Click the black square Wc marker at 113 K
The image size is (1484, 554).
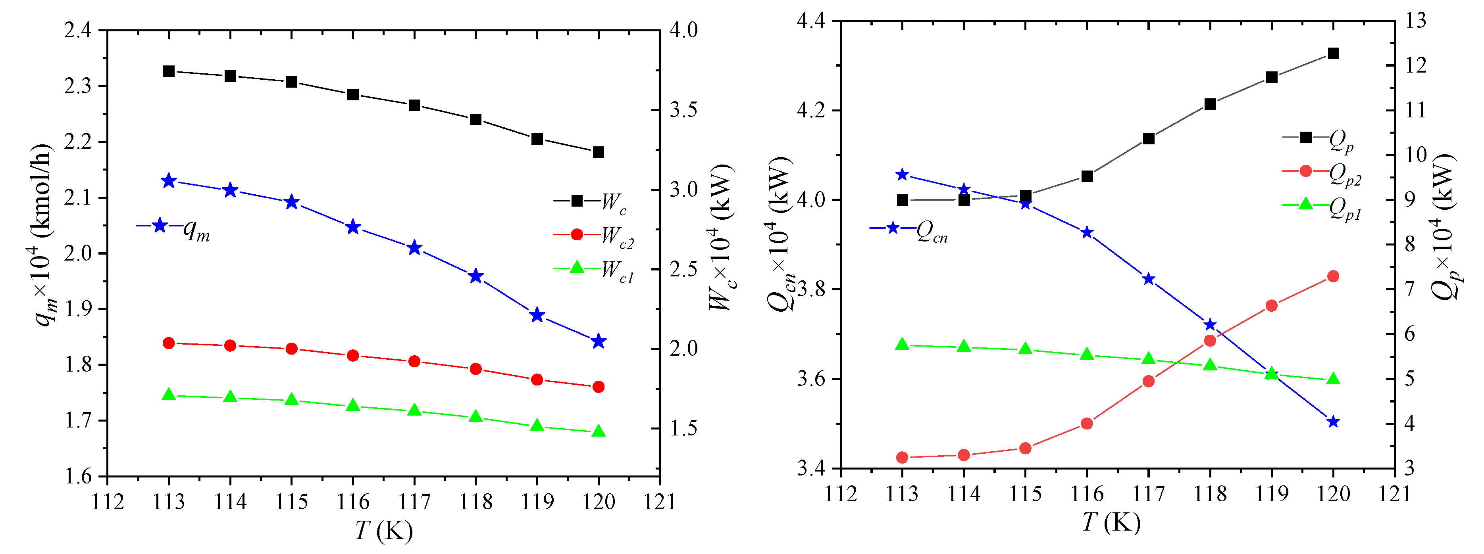[169, 71]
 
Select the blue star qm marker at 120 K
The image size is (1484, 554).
[598, 341]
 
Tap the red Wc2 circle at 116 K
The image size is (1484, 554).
[353, 356]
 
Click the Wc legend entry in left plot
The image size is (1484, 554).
[591, 201]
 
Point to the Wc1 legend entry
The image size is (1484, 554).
[594, 268]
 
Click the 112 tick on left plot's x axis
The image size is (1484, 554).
[108, 502]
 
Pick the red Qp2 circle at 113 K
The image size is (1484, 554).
[902, 458]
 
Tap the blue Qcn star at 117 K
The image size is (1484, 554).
[1148, 279]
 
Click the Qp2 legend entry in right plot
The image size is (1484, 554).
[1322, 172]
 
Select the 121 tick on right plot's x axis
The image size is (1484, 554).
[1394, 494]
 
